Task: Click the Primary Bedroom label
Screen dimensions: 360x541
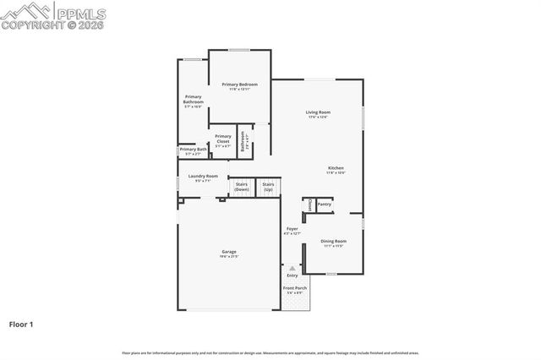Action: point(239,85)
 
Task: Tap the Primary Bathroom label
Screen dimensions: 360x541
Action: point(194,100)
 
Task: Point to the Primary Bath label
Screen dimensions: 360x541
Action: point(193,150)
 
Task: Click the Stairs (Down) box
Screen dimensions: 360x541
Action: point(242,187)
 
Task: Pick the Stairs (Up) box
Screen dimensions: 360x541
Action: point(268,187)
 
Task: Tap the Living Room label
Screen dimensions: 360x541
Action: point(318,113)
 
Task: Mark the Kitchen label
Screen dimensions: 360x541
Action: point(336,170)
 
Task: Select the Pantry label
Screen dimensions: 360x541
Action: point(324,205)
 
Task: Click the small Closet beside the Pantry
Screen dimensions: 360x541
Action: point(309,205)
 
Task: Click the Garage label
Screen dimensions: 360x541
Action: point(228,254)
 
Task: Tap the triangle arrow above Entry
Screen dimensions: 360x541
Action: point(292,268)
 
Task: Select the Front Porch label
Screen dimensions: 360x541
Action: point(294,290)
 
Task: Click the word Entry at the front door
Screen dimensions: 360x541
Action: point(292,275)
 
